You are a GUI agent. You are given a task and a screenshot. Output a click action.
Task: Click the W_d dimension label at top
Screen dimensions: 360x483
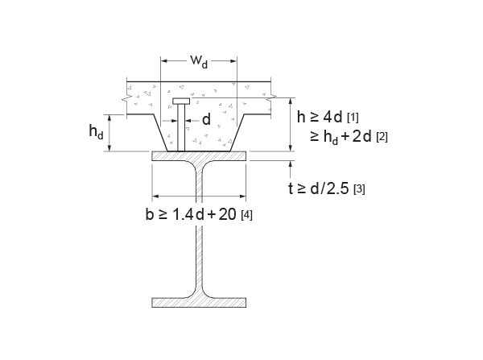coord(198,62)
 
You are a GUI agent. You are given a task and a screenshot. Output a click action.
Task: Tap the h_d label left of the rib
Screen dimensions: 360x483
coord(96,133)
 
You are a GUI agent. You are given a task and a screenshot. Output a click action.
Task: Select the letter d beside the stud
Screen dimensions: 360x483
coord(206,121)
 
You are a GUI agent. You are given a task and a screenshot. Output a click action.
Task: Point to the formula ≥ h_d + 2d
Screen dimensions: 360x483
coord(341,136)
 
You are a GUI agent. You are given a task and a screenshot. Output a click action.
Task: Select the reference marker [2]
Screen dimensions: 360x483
coord(382,137)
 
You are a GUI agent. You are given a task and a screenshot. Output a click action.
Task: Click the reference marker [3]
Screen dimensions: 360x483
coord(359,190)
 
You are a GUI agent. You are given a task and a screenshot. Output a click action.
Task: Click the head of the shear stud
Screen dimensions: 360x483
coord(181,101)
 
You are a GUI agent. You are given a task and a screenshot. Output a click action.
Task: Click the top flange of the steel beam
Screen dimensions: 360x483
coord(199,157)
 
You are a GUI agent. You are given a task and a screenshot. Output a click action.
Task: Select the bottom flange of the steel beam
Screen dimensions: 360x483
coord(199,303)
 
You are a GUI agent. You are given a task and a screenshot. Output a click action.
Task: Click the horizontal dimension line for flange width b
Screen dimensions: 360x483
coord(199,196)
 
